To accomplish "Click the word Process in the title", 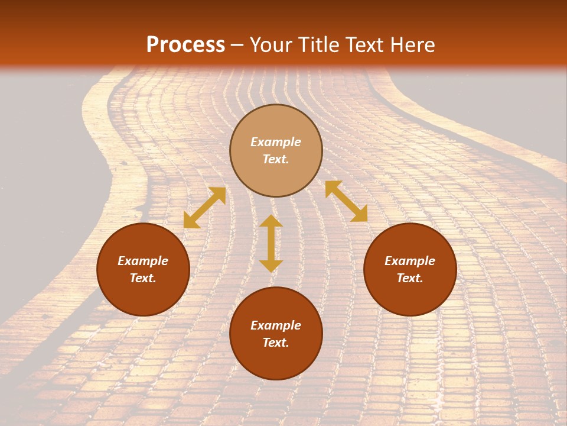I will pyautogui.click(x=185, y=45).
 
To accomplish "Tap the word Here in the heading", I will pyautogui.click(x=409, y=45).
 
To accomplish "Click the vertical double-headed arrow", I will pyautogui.click(x=271, y=243).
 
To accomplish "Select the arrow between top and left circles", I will pyautogui.click(x=204, y=208).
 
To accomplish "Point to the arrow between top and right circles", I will pyautogui.click(x=346, y=201).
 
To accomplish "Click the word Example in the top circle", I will pyautogui.click(x=276, y=142).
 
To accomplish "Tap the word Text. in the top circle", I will pyautogui.click(x=276, y=159).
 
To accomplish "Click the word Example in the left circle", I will pyautogui.click(x=143, y=261).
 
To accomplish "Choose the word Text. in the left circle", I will pyautogui.click(x=143, y=278).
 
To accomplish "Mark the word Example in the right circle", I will pyautogui.click(x=410, y=261).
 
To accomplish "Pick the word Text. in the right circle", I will pyautogui.click(x=410, y=278).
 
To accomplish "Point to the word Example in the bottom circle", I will pyautogui.click(x=276, y=325).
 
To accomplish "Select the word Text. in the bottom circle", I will pyautogui.click(x=276, y=343).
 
